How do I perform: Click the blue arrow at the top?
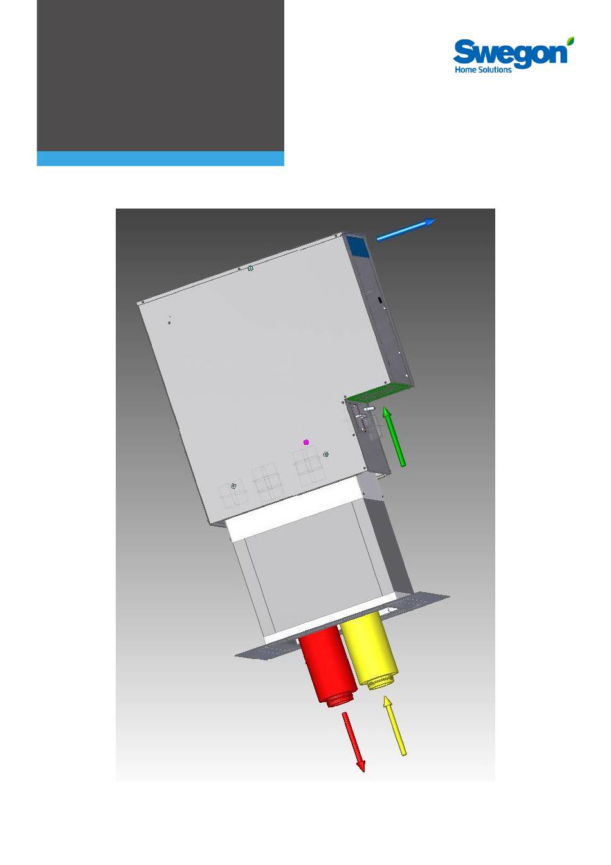[406, 229]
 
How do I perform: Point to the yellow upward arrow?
[394, 725]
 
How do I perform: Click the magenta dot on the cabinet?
[306, 442]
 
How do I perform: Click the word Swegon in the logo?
[510, 53]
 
